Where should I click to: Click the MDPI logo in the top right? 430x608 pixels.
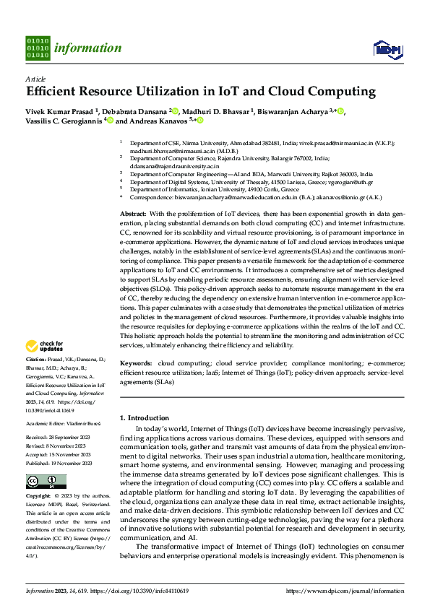[387, 48]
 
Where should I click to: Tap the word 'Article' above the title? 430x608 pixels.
[35, 79]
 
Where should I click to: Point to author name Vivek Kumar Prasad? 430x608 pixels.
[56, 111]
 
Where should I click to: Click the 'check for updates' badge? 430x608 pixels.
[44, 346]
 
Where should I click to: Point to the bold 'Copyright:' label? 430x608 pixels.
[38, 497]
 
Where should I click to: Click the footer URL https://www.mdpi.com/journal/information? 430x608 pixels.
[346, 590]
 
